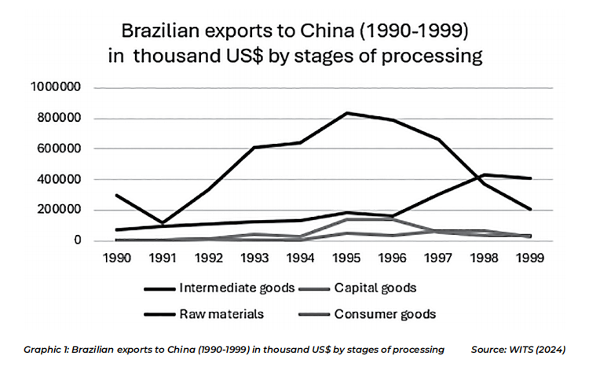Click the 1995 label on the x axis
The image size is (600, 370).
coord(343,257)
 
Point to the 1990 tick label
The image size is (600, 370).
coord(116,257)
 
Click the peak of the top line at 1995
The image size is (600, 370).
coord(343,113)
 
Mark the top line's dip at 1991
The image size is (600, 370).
coord(162,223)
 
